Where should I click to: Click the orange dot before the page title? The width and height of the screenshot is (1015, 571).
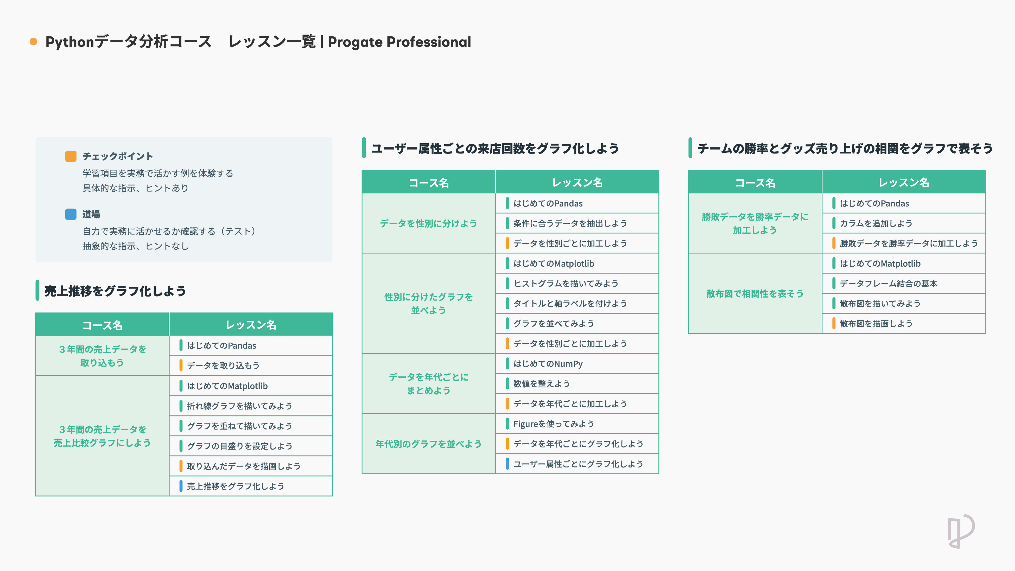point(34,42)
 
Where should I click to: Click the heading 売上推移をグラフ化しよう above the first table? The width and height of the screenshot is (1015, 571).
point(115,291)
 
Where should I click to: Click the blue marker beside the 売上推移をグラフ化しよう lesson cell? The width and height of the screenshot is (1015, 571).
point(181,486)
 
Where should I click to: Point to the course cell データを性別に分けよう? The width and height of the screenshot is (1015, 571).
point(428,223)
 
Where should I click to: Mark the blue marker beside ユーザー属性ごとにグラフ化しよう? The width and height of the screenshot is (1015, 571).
point(508,464)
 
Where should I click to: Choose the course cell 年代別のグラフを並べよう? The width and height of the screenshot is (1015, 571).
point(428,444)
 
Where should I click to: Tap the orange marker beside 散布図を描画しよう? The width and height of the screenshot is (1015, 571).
point(834,324)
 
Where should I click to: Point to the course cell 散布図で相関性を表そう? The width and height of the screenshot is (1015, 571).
point(754,293)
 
